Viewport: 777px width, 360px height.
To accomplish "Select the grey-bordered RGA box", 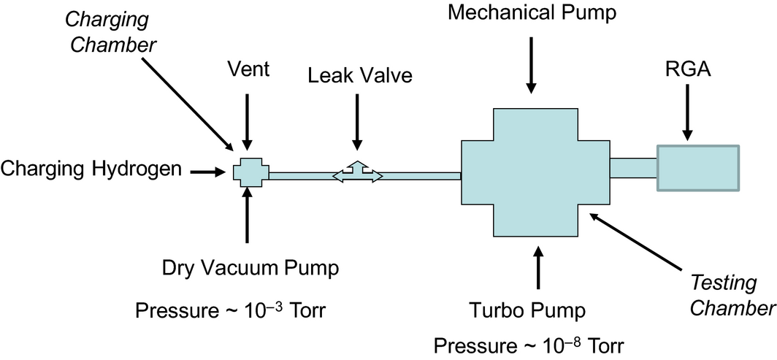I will coord(697,169).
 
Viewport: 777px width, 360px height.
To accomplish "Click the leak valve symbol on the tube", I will coord(357,172).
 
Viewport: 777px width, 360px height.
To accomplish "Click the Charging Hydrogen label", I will coord(91,170).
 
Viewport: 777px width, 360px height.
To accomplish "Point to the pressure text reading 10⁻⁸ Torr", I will coord(529,343).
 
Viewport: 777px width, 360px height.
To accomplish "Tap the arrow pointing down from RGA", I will coord(686,118).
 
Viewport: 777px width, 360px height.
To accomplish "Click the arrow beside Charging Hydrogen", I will coord(210,172).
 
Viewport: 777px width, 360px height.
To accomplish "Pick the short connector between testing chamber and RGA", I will coord(632,168).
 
